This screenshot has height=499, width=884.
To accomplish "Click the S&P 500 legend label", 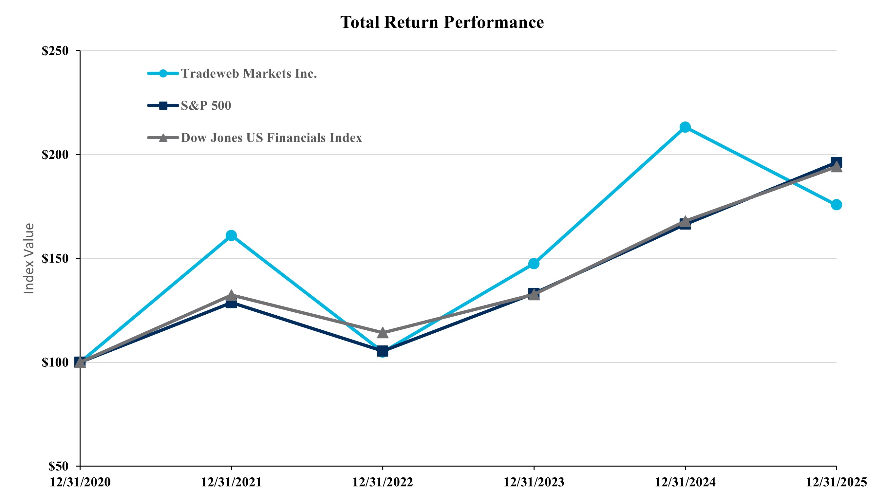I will [x=206, y=106].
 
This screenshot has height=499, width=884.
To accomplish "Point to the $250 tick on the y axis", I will [x=55, y=51].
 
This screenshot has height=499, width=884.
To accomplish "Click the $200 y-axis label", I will [x=55, y=155].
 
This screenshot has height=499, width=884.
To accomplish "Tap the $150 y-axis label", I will [x=55, y=259].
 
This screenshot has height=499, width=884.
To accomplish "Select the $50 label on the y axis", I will [x=58, y=466].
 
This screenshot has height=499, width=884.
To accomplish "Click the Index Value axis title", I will [x=29, y=259].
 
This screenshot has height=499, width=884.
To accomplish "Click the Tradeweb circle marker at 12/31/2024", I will [x=685, y=127].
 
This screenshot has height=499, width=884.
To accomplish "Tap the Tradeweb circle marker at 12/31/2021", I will [x=231, y=235].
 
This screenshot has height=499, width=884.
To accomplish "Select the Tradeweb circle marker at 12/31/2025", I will [x=836, y=205].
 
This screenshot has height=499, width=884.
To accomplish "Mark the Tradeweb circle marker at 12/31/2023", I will [x=534, y=263].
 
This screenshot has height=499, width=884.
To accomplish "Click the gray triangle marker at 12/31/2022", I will [x=382, y=333].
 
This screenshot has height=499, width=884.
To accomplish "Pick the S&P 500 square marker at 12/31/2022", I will [x=382, y=351].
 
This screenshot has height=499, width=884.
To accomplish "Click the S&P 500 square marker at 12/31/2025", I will [x=836, y=162].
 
